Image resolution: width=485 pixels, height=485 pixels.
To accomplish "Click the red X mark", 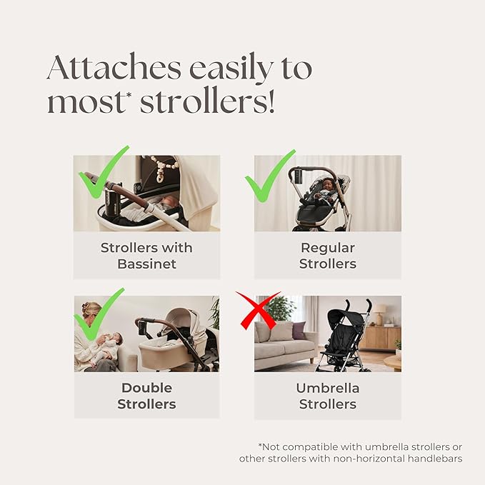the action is click(259, 310).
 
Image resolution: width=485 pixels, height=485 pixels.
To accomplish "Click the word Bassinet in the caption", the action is click(146, 264).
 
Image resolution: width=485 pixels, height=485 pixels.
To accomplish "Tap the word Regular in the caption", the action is click(328, 248).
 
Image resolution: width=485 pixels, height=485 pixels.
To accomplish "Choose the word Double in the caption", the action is click(146, 388).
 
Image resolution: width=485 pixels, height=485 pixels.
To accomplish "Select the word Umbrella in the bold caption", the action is click(328, 388).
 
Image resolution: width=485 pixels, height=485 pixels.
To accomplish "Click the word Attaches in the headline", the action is click(114, 67).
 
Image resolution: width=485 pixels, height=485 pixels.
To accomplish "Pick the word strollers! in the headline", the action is click(207, 101).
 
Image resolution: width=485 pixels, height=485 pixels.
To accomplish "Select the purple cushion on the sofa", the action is click(299, 330).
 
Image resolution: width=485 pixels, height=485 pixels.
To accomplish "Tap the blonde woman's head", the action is click(91, 311).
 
